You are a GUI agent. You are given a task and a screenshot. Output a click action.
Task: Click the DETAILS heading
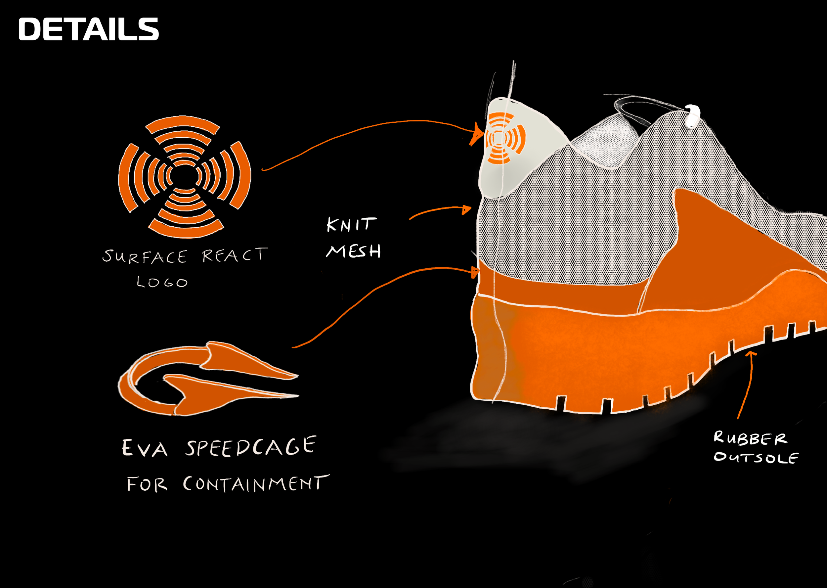(x=89, y=29)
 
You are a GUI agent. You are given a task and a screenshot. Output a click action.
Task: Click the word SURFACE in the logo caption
(x=145, y=256)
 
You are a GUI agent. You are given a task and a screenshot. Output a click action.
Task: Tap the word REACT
(x=235, y=255)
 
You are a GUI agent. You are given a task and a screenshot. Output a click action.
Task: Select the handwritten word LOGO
(x=162, y=282)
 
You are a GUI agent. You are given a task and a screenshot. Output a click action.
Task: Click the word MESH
(x=354, y=251)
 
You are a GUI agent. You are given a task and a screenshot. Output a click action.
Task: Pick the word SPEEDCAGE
(x=251, y=446)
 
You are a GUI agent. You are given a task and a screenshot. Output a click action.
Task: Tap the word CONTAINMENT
(x=256, y=484)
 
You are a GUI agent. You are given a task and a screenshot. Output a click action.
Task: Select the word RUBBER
(x=750, y=438)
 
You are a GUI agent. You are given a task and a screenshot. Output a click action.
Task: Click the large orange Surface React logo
(x=185, y=177)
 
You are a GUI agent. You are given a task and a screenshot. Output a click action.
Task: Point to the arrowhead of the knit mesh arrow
(x=466, y=210)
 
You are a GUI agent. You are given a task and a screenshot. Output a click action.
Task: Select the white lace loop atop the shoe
(x=692, y=116)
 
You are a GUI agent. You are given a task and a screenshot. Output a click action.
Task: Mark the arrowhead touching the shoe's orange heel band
(x=475, y=272)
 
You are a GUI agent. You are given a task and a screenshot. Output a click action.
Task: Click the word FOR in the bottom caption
(x=147, y=484)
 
